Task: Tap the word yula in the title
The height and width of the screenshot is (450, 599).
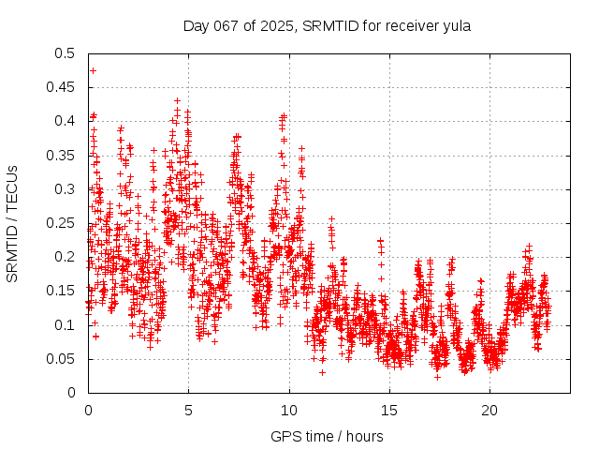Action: (455, 25)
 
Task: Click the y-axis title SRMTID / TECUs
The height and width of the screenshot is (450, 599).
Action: (12, 223)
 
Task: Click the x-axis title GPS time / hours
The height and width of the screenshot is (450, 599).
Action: (327, 436)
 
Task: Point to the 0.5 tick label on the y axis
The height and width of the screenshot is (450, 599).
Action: (65, 53)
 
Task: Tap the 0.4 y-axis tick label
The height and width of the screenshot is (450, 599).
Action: (65, 121)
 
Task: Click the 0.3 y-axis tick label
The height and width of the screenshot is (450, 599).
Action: (65, 189)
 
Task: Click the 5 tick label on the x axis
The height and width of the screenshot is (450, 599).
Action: (188, 411)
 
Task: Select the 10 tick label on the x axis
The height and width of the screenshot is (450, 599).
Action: (288, 411)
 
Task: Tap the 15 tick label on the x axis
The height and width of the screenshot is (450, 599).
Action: (388, 411)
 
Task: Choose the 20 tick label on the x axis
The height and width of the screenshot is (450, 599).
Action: (489, 411)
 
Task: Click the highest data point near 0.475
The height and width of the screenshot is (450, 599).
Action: (93, 70)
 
